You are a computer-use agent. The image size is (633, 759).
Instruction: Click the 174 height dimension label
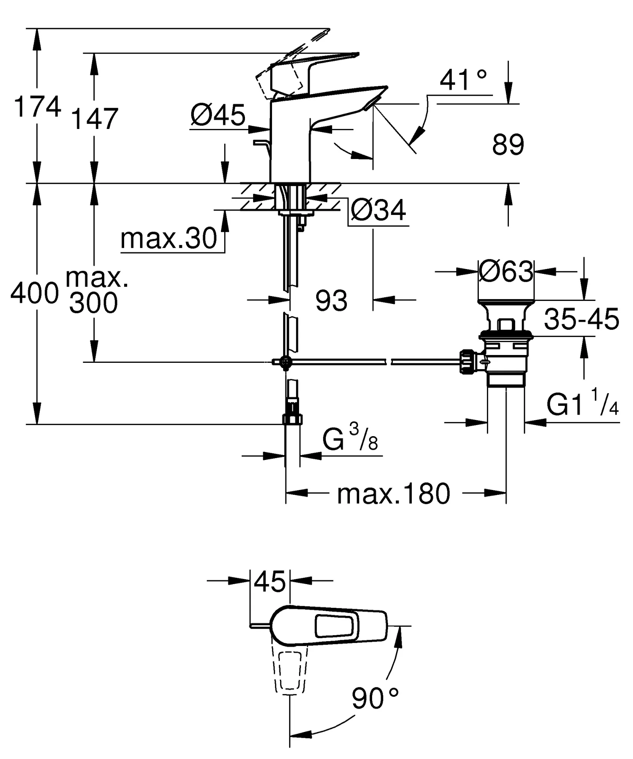37,107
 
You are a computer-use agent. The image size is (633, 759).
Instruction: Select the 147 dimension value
94,119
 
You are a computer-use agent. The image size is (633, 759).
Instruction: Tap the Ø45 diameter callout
218,115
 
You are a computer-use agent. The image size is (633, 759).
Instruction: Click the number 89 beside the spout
508,145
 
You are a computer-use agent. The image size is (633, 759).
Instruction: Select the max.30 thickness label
169,239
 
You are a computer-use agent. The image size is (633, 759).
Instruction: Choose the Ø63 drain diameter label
506,271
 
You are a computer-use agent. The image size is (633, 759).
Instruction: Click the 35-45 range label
581,319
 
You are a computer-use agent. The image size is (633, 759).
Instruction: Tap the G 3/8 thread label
350,439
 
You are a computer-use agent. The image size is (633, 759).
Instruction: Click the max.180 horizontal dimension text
393,494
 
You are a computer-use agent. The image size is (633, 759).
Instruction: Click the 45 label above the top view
270,581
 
